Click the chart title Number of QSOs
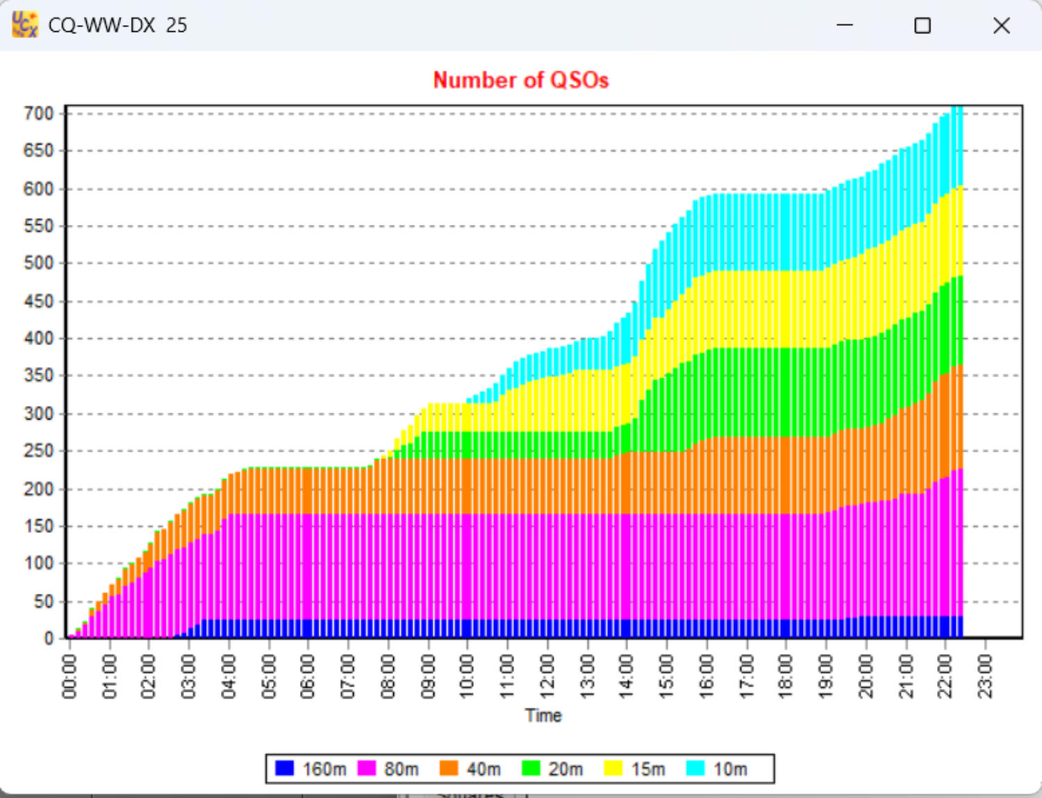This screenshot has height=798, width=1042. click(x=520, y=80)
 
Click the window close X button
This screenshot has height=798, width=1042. click(x=1001, y=26)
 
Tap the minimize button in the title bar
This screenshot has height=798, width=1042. click(x=845, y=26)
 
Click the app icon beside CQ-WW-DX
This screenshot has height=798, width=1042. click(x=25, y=24)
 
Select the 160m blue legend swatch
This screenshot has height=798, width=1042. click(x=284, y=768)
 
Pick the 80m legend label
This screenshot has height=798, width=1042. click(x=402, y=769)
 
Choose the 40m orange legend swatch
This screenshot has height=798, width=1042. click(x=449, y=768)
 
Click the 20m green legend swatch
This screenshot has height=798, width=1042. click(x=531, y=768)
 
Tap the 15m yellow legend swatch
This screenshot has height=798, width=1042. click(x=613, y=768)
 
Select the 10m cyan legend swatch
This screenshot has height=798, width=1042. click(x=695, y=768)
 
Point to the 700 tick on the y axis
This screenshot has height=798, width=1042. click(x=38, y=113)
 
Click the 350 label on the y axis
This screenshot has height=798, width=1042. click(x=38, y=376)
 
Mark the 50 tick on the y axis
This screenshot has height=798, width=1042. click(x=43, y=601)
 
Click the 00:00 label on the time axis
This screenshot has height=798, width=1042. click(x=69, y=676)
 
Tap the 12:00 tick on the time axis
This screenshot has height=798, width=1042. click(x=547, y=676)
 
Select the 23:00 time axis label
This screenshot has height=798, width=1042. click(x=986, y=676)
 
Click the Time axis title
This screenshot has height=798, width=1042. click(x=543, y=715)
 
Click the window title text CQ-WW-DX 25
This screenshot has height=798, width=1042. click(x=117, y=26)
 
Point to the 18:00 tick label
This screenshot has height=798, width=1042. click(x=786, y=676)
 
